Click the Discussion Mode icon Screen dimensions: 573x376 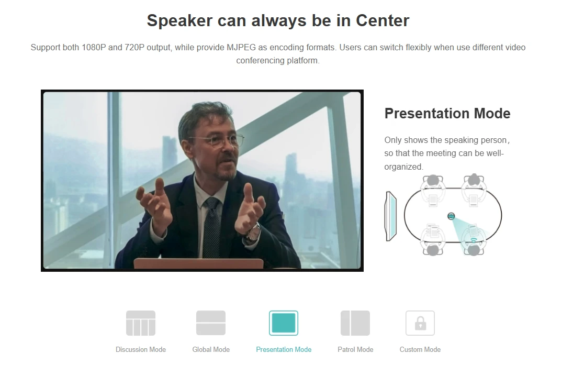click(141, 323)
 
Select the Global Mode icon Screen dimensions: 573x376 click(211, 323)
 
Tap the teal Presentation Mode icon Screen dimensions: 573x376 click(284, 323)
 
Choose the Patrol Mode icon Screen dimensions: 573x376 click(355, 323)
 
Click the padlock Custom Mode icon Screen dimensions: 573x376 click(420, 323)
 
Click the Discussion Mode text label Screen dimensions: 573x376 click(141, 350)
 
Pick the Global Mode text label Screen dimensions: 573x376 click(211, 350)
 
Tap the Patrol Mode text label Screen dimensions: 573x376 click(355, 350)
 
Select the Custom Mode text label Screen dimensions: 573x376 click(420, 350)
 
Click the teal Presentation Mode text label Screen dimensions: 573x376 click(284, 350)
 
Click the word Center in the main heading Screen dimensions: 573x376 click(383, 20)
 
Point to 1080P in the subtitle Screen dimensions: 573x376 click(94, 48)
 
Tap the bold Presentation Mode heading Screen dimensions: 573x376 click(447, 114)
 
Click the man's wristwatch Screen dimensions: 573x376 click(254, 233)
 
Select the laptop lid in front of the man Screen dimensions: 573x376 click(198, 263)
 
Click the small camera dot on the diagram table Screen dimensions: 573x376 click(451, 216)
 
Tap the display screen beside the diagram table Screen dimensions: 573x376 click(391, 216)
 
